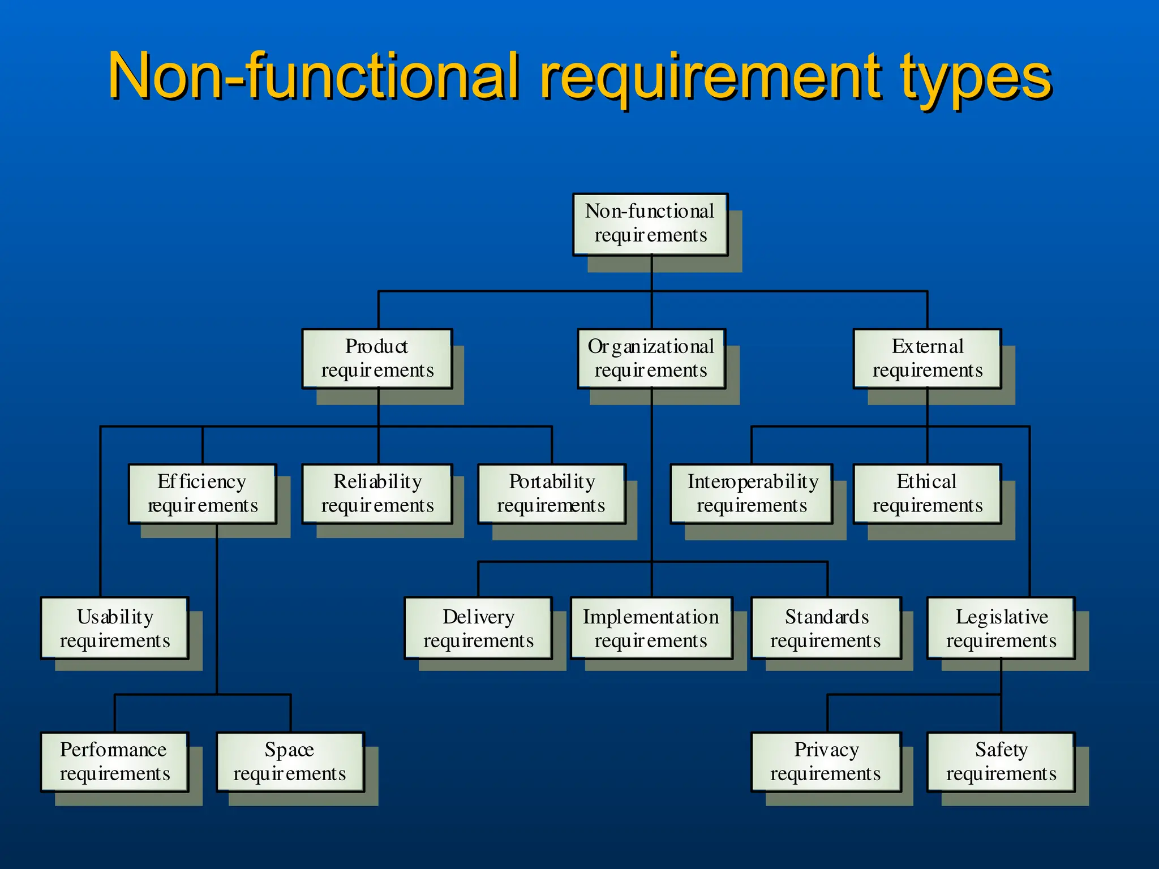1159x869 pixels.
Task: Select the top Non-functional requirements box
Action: tap(650, 224)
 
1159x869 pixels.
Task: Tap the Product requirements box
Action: tap(377, 359)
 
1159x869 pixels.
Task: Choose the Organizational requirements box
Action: tap(651, 359)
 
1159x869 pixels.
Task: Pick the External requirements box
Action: tap(927, 359)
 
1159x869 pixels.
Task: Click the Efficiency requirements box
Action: tap(202, 494)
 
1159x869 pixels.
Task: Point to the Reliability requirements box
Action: tap(377, 494)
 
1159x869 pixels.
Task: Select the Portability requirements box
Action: tap(552, 494)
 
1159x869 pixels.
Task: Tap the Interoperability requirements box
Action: tap(752, 494)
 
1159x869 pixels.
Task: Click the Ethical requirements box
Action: tap(927, 494)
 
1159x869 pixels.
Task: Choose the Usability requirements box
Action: tap(114, 628)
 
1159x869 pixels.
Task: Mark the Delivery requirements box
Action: tap(478, 628)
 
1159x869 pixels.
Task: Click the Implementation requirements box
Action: tap(651, 628)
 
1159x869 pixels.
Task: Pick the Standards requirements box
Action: tap(826, 628)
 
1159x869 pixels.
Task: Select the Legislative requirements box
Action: tap(1001, 628)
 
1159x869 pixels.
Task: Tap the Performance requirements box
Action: tap(114, 762)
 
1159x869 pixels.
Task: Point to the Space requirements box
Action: tap(290, 762)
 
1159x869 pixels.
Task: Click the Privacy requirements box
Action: tap(826, 762)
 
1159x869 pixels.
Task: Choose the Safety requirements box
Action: tap(1001, 762)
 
